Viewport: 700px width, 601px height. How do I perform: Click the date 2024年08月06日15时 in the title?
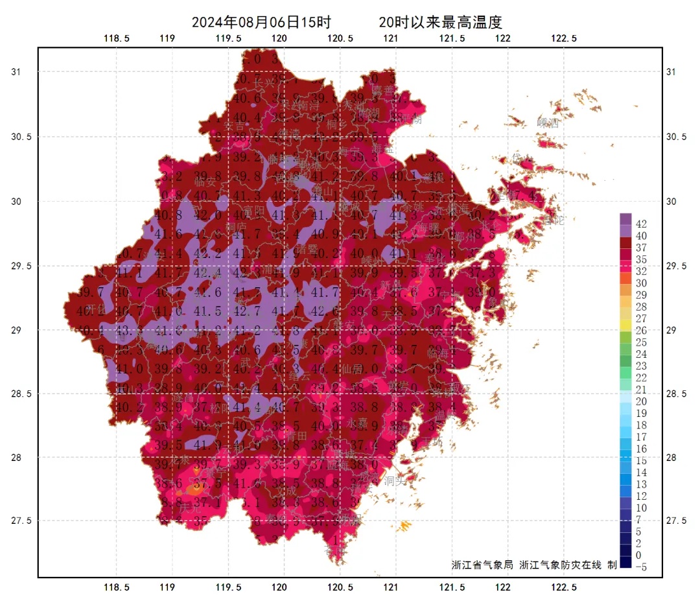pos(257,22)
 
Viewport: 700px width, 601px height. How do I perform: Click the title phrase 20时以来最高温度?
pos(441,22)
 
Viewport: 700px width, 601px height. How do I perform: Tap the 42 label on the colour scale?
pos(641,224)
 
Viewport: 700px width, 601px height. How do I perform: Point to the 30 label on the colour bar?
pos(641,283)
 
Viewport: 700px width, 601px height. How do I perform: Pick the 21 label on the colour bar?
pos(641,390)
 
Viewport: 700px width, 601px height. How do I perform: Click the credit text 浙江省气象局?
pos(482,565)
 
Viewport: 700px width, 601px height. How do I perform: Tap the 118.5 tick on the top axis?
pos(117,38)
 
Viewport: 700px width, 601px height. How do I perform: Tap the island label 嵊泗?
pos(548,123)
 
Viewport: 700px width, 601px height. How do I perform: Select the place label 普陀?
pos(554,220)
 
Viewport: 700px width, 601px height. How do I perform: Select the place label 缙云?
pos(299,375)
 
